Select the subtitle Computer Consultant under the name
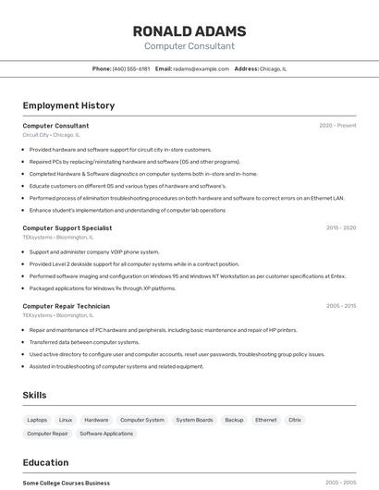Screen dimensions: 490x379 click(x=189, y=46)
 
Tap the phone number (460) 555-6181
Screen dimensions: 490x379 click(x=131, y=68)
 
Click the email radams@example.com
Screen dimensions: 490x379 click(x=201, y=68)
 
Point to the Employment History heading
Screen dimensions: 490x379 click(x=68, y=105)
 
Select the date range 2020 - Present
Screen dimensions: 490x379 click(x=337, y=125)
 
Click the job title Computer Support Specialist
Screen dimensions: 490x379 click(x=67, y=227)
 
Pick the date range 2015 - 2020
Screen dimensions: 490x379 click(x=340, y=227)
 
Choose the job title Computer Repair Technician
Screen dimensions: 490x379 click(x=66, y=306)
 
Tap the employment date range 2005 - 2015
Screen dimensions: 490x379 click(x=340, y=306)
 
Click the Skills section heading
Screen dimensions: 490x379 click(x=34, y=395)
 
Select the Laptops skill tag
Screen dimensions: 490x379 click(x=37, y=420)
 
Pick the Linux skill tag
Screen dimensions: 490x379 click(x=66, y=420)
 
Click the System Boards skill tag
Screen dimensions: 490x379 click(x=194, y=420)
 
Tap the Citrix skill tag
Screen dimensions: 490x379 click(x=295, y=420)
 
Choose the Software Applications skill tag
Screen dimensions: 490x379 click(x=106, y=434)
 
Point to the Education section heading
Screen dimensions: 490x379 click(x=45, y=462)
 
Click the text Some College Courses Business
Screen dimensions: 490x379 click(x=66, y=483)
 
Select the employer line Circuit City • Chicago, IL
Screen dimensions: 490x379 click(x=51, y=135)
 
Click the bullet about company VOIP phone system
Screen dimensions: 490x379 click(x=94, y=251)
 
